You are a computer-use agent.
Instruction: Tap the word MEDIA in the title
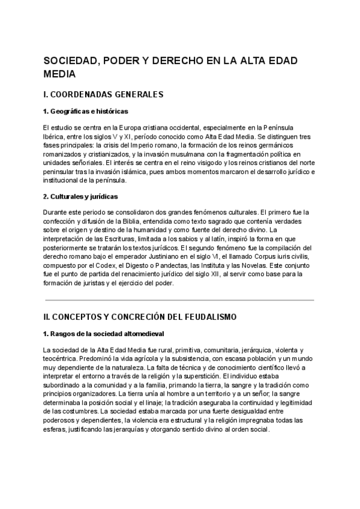pyautogui.click(x=60, y=74)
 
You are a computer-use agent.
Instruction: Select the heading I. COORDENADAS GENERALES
pyautogui.click(x=104, y=95)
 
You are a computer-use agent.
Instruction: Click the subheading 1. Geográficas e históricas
pyautogui.click(x=85, y=112)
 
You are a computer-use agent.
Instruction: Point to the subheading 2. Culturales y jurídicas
pyautogui.click(x=81, y=196)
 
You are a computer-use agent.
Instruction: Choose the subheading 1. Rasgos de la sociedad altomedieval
pyautogui.click(x=103, y=333)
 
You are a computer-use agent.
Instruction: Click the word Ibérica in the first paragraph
pyautogui.click(x=54, y=136)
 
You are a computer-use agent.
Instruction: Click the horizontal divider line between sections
pyautogui.click(x=179, y=300)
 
